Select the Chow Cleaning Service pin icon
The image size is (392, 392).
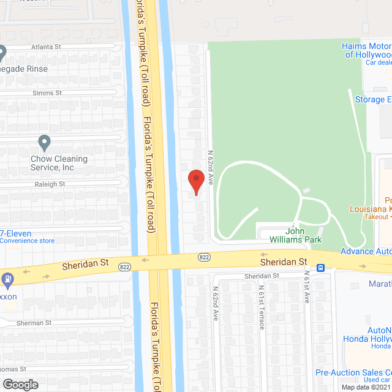(44, 143)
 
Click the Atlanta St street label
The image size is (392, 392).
(46, 47)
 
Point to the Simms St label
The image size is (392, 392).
(48, 92)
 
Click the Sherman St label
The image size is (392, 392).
(34, 322)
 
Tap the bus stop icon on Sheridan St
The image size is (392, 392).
(320, 268)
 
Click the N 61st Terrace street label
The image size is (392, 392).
(262, 306)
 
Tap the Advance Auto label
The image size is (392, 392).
(366, 252)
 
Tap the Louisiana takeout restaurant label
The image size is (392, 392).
(370, 209)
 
